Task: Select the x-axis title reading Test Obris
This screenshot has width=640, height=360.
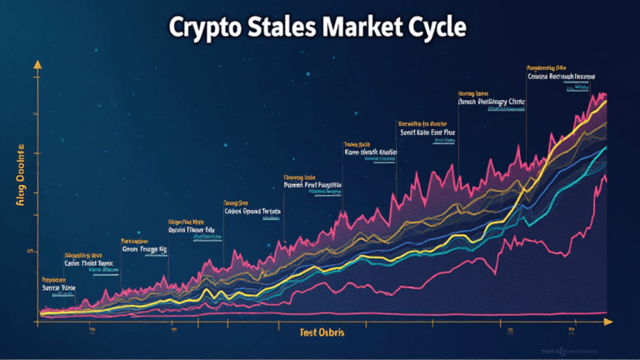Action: (x=320, y=332)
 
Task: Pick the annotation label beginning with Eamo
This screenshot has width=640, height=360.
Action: (x=370, y=152)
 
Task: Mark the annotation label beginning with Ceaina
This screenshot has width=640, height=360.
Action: (x=560, y=76)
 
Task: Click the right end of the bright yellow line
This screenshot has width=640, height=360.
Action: (x=607, y=102)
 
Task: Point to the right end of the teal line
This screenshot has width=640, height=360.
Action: (x=606, y=148)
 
